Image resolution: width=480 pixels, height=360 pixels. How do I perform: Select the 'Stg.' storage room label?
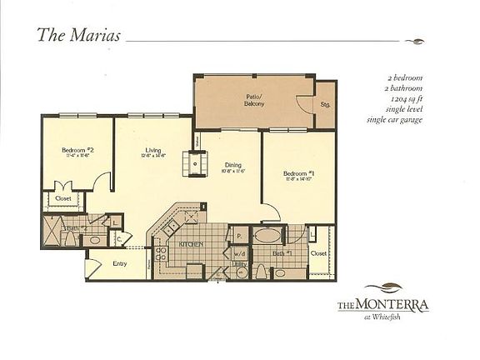(x=325, y=105)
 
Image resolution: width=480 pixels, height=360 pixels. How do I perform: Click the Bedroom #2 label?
(x=77, y=151)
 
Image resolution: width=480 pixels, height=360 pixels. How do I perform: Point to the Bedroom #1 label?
(x=297, y=173)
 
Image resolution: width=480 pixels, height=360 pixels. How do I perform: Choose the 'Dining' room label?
(x=232, y=165)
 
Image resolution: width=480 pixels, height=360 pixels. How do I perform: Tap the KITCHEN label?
(x=192, y=242)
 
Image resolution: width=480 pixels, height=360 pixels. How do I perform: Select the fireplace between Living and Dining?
(x=195, y=164)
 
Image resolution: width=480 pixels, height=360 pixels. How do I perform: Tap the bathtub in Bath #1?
(x=267, y=235)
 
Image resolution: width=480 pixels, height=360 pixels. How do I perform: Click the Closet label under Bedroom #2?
(x=62, y=199)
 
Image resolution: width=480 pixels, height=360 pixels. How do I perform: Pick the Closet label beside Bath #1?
(x=318, y=252)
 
